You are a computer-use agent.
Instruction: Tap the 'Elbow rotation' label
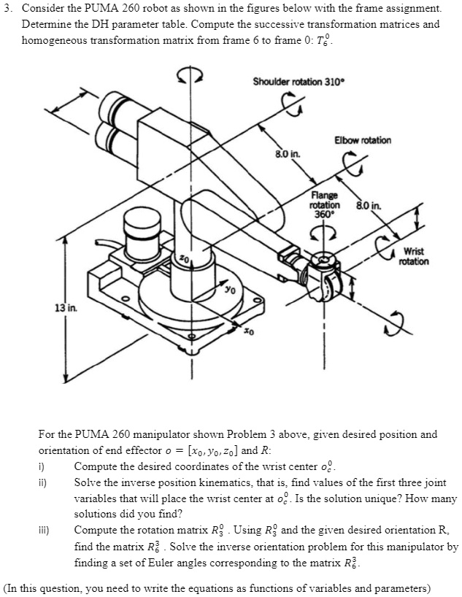[362, 139]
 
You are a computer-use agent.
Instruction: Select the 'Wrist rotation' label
[415, 256]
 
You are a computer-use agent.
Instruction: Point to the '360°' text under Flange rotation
[323, 214]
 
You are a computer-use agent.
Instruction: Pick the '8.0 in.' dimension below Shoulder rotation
[285, 154]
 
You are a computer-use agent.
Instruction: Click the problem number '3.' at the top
[9, 9]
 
